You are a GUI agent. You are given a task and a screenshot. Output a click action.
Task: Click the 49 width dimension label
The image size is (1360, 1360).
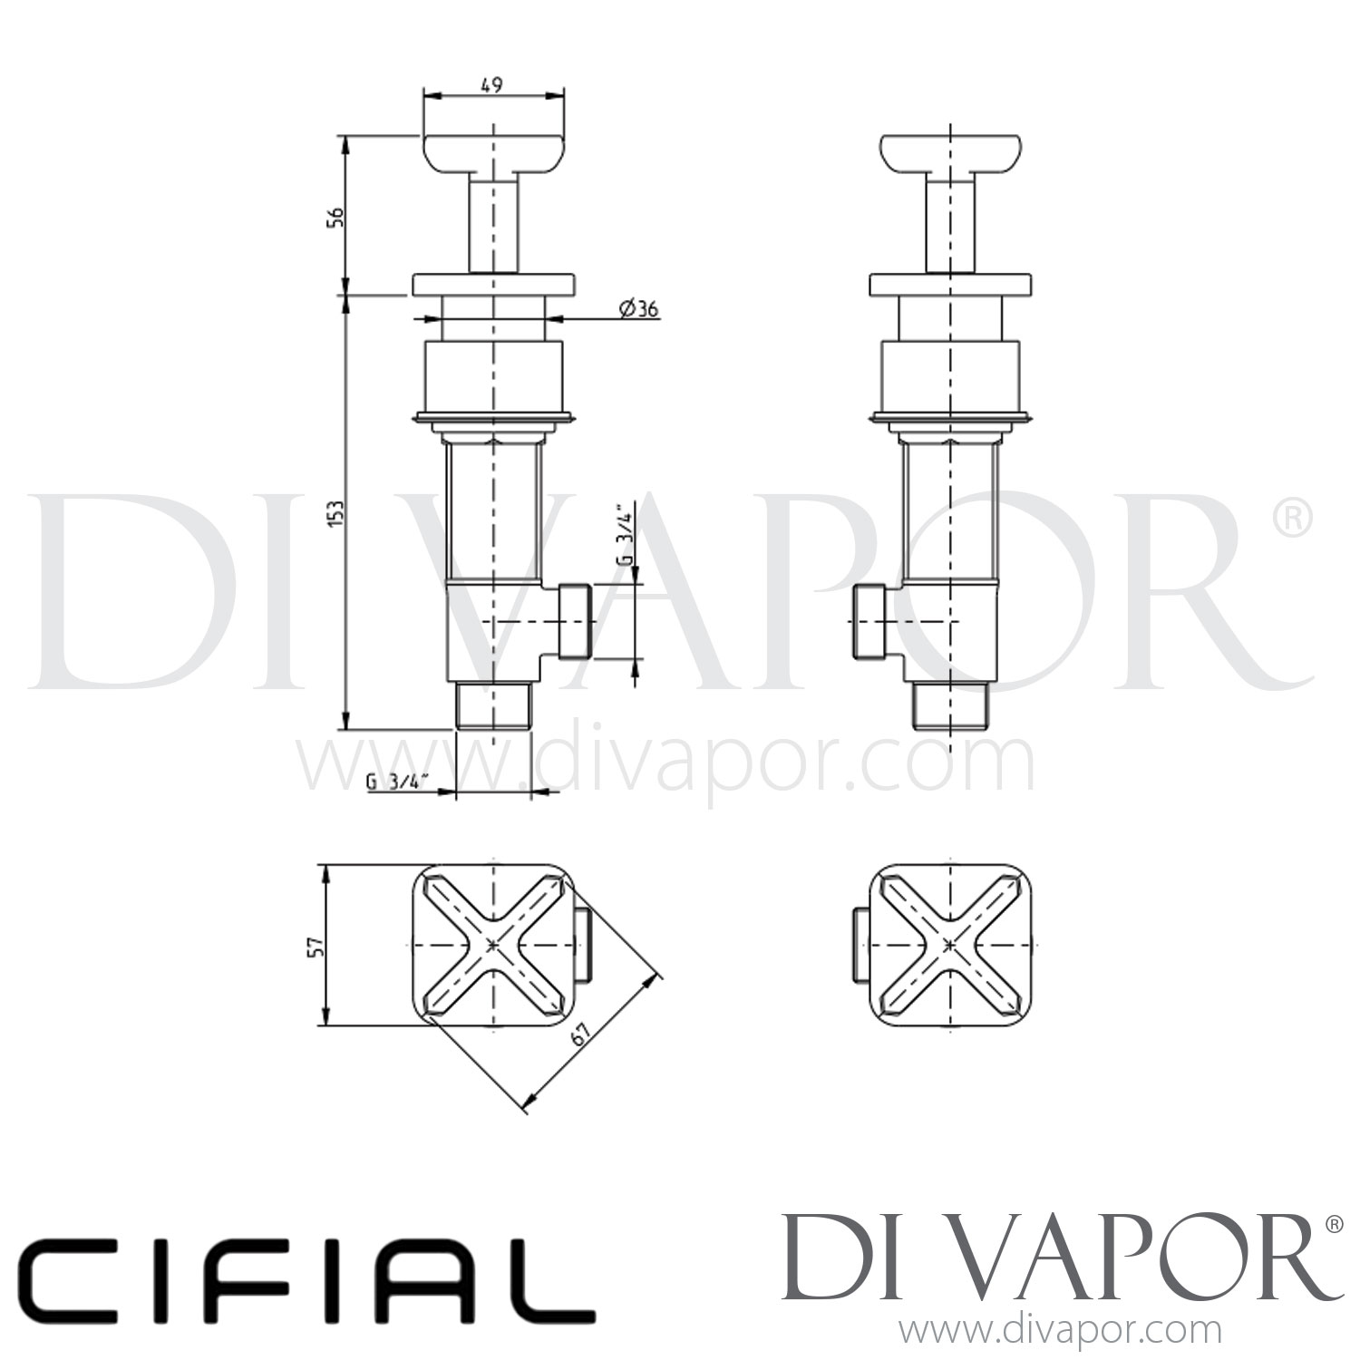coord(491,85)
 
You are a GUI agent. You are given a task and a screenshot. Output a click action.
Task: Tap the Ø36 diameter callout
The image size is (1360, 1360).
coord(638,309)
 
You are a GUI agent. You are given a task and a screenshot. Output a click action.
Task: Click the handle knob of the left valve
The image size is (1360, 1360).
coord(493,154)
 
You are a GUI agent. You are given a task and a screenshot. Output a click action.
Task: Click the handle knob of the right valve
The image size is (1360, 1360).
coord(950,154)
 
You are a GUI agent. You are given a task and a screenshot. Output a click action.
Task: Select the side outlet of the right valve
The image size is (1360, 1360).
coord(871,621)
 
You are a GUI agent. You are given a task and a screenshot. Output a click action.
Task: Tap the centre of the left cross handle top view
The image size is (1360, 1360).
coord(492,945)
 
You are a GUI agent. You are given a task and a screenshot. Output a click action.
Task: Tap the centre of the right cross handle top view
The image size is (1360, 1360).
coord(949,945)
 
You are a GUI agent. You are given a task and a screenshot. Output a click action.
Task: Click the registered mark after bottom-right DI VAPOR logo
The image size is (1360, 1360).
coord(1334,1225)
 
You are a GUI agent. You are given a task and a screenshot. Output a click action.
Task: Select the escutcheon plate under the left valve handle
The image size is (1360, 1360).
coord(493,283)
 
